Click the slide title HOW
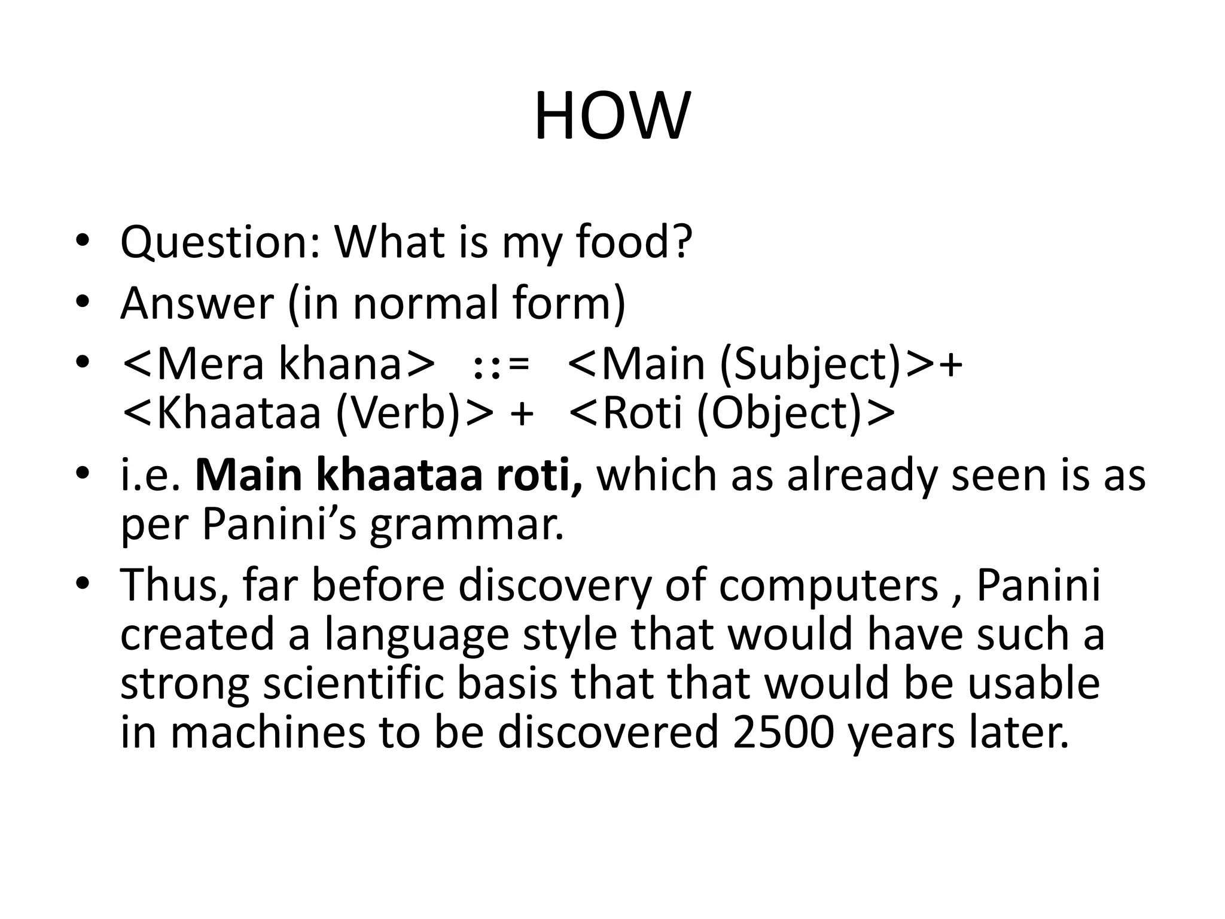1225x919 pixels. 612,117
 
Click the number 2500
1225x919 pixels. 782,733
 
